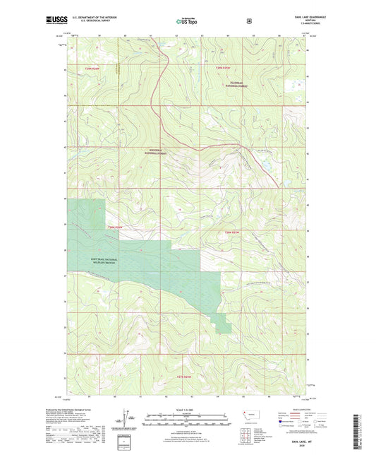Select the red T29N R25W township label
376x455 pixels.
coord(223,67)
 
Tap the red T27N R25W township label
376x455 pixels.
coord(185,377)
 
